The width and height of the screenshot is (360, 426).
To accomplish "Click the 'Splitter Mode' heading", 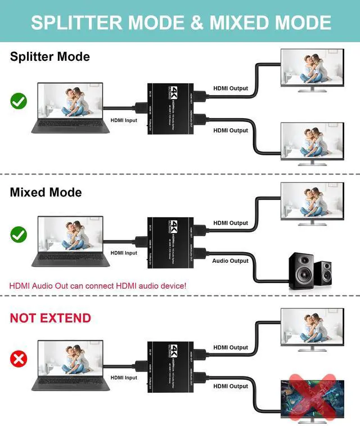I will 49,57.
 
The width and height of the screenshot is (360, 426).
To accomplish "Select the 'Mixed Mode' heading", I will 46,192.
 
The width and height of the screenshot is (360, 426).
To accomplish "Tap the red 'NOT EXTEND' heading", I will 50,318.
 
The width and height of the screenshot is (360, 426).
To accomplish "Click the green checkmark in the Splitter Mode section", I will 19,101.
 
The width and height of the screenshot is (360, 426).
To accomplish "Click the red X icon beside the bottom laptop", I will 19,358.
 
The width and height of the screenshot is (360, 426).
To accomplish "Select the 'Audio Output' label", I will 230,261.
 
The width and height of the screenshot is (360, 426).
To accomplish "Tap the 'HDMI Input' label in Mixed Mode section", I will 124,253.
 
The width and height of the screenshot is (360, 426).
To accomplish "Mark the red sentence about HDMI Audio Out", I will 97,286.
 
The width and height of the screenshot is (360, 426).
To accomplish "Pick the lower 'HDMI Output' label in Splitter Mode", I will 231,131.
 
